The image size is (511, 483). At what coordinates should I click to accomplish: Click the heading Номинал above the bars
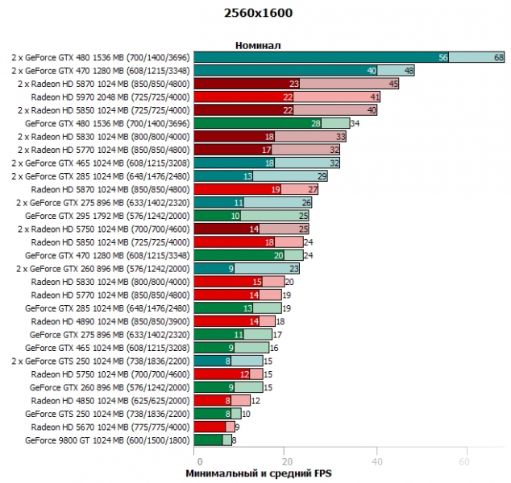coord(258,45)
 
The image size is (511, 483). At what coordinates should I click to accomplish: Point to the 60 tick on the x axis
coord(463,461)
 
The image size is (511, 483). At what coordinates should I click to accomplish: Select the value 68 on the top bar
coord(499,58)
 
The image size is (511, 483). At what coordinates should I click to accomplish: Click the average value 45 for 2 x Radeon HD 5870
coord(393,84)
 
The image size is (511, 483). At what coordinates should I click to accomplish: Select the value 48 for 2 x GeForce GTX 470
coord(409,71)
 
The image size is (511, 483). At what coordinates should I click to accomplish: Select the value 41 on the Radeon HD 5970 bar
coord(375,97)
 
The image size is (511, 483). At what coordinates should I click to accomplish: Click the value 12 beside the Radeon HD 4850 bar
coord(256,400)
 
